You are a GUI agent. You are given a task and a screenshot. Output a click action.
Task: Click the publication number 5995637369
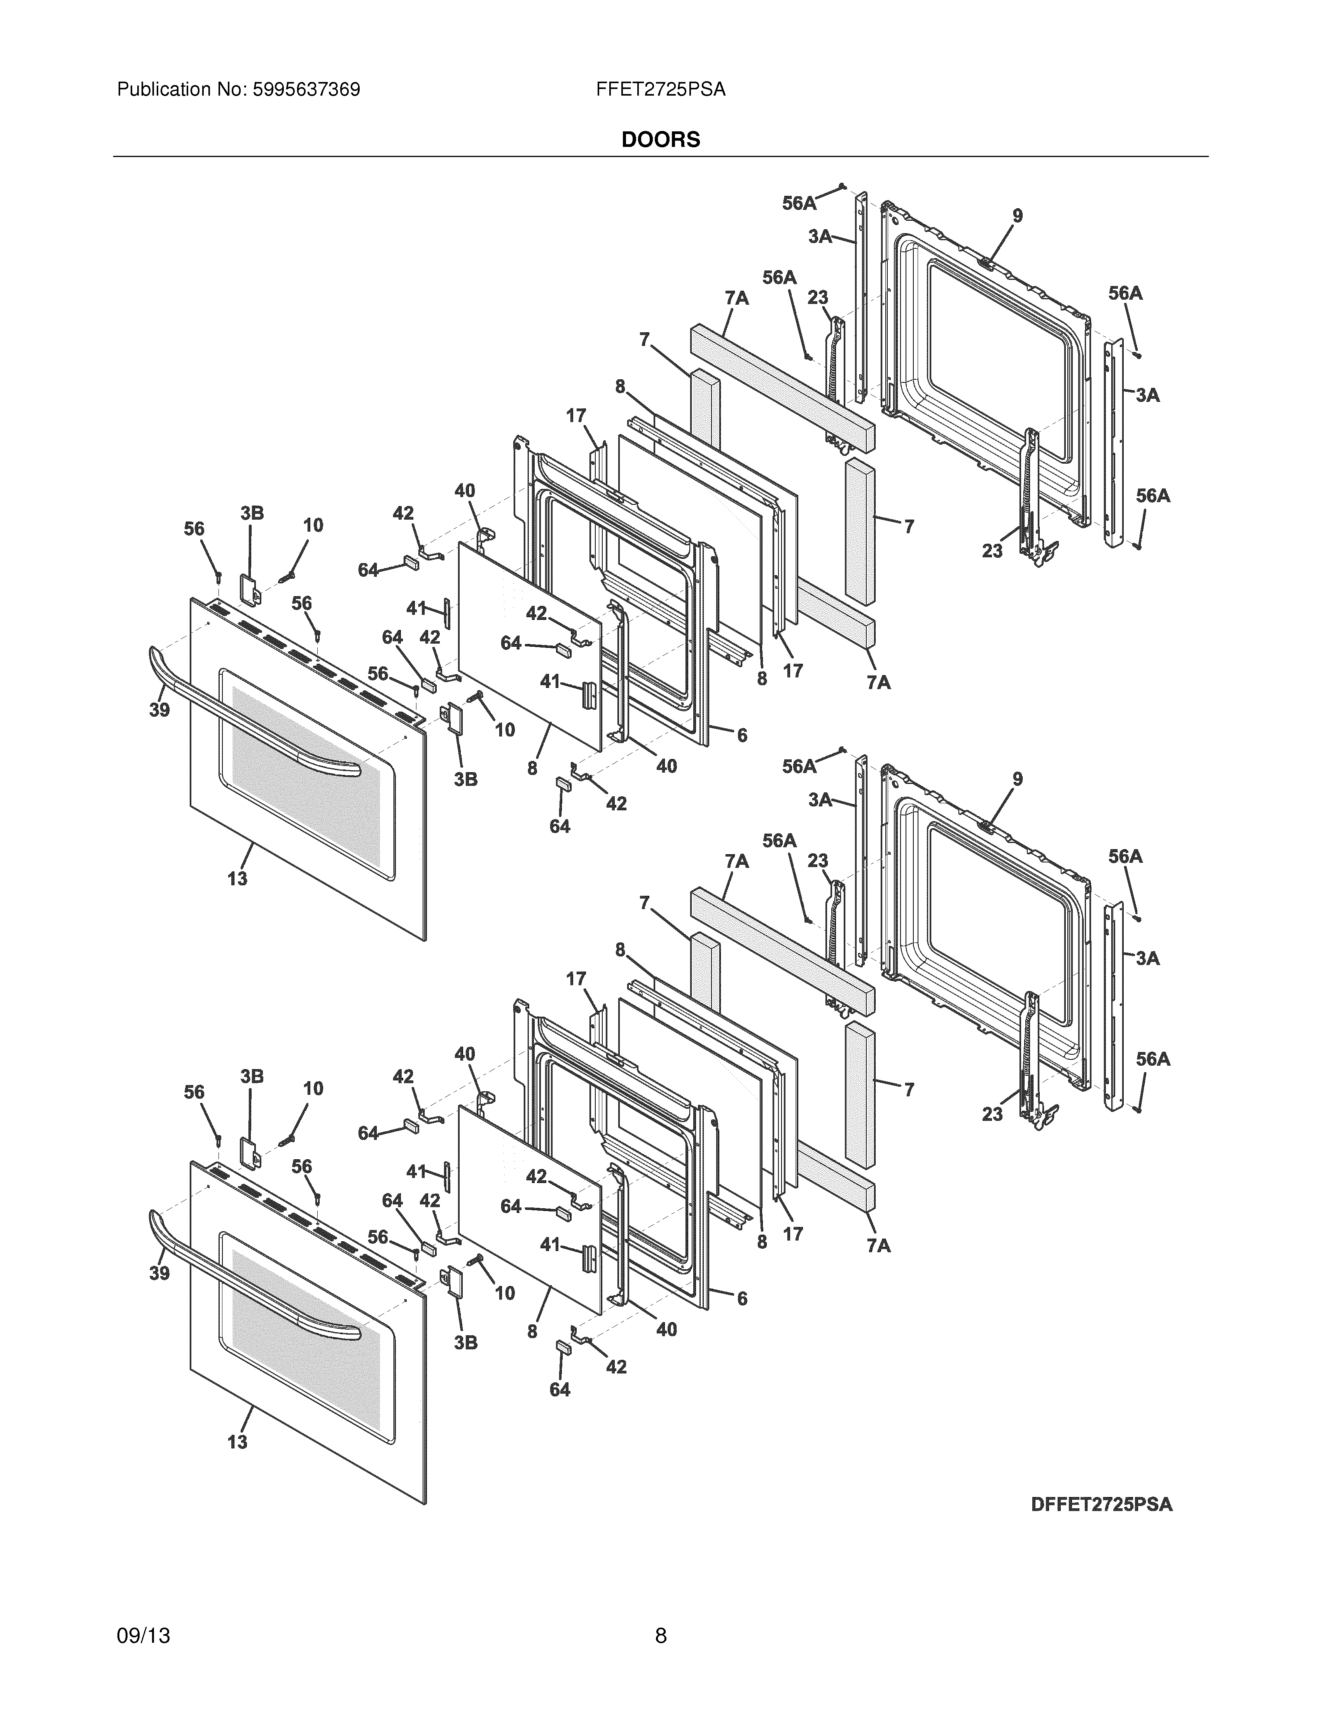pyautogui.click(x=306, y=90)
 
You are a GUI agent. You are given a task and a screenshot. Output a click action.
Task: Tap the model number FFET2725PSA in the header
pyautogui.click(x=660, y=90)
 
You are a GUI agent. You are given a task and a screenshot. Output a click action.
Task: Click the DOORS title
pyautogui.click(x=660, y=140)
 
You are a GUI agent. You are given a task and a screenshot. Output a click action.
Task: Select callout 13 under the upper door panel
pyautogui.click(x=237, y=878)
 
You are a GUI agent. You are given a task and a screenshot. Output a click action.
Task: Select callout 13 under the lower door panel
pyautogui.click(x=237, y=1441)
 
